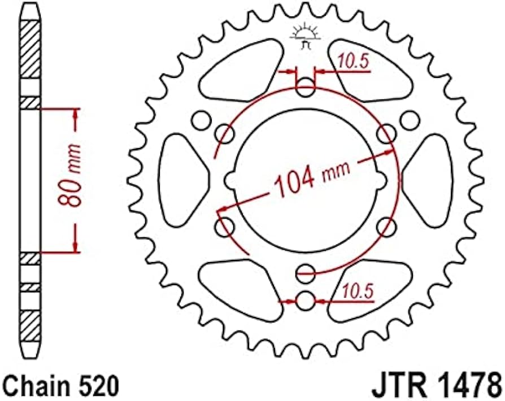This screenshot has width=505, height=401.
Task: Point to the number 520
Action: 102,387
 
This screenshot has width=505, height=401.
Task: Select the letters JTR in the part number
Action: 398,387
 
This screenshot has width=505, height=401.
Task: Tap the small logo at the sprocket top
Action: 305,35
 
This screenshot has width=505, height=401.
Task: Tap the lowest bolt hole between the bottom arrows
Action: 306,301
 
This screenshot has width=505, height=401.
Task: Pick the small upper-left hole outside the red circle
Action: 199,120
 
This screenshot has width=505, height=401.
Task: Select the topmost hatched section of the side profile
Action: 31,47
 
